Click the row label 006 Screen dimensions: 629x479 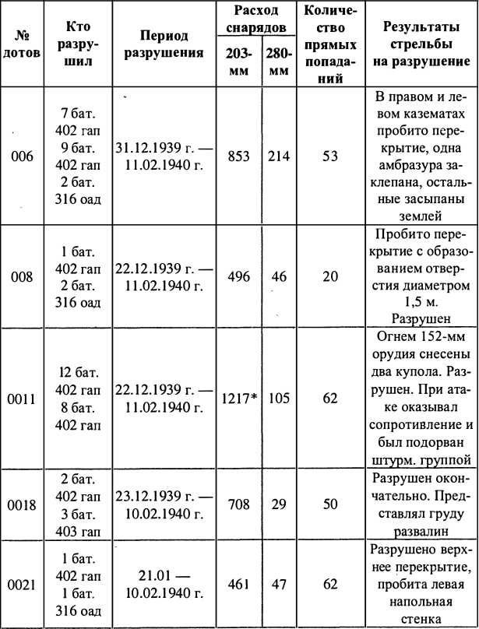coord(23,156)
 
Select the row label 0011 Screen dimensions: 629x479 coord(23,398)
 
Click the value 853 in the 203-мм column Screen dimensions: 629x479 coord(238,156)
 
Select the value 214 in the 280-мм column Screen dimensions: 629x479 coord(278,156)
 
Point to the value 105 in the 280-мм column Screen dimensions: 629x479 coord(278,398)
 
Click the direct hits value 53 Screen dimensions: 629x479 coord(330,156)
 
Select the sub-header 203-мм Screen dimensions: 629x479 coord(239,61)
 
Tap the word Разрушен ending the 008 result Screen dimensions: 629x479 coord(420,318)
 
